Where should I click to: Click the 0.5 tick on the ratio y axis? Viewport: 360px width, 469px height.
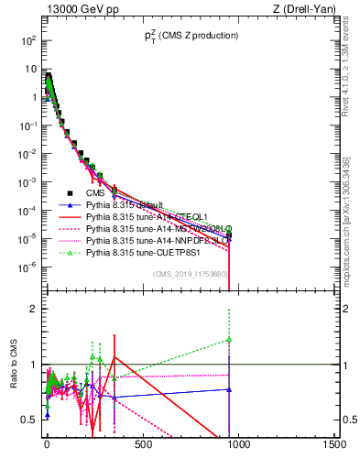29,420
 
